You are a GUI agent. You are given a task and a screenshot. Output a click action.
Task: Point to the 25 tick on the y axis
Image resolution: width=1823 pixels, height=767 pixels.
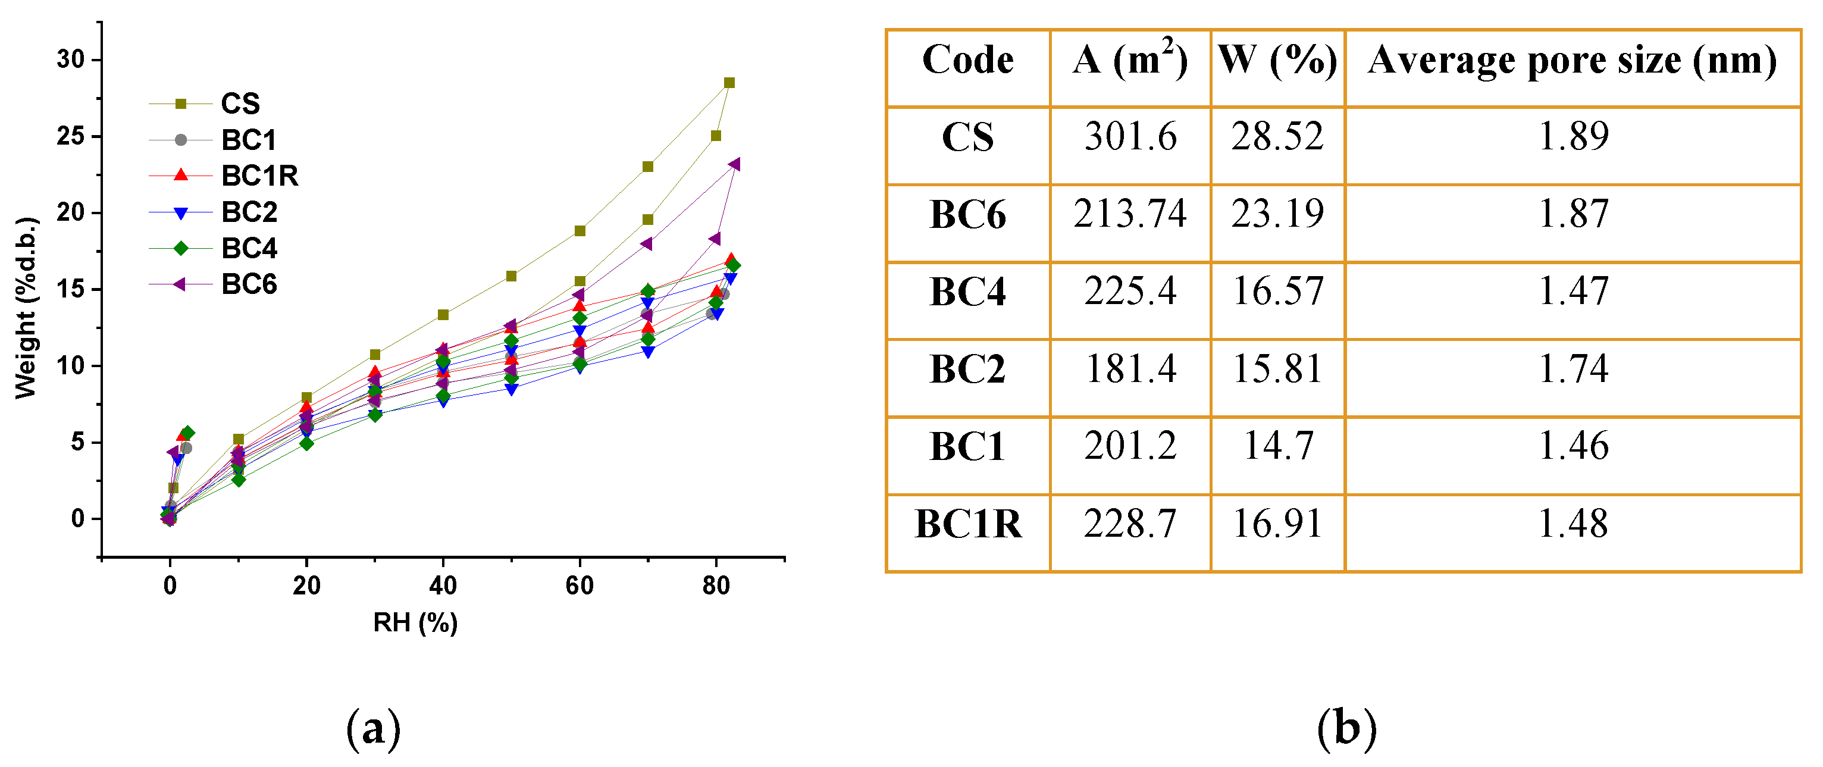tap(70, 136)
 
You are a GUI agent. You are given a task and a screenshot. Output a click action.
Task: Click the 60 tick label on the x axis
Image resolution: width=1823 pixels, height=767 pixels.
tap(579, 586)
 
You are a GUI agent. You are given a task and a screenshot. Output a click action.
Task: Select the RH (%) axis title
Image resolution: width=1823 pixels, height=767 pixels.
tap(415, 622)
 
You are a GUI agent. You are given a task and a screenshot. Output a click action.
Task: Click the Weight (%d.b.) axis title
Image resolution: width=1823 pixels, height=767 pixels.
tap(26, 308)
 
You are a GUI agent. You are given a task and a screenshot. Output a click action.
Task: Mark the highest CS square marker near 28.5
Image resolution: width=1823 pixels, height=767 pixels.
tap(729, 83)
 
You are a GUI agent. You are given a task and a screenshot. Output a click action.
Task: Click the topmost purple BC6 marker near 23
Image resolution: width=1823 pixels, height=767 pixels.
tap(734, 164)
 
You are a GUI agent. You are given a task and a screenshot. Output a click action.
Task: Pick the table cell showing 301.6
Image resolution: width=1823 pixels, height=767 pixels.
tap(1130, 136)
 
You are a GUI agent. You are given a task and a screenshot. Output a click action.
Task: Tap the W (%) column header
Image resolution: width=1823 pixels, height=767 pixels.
tap(1277, 60)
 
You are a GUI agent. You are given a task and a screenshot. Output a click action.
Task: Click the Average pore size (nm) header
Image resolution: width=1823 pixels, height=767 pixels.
tap(1573, 60)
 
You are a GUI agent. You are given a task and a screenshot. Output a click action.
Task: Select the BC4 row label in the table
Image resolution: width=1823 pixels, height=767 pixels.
tap(967, 292)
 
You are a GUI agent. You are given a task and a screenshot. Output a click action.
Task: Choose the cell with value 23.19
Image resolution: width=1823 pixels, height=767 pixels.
tap(1277, 214)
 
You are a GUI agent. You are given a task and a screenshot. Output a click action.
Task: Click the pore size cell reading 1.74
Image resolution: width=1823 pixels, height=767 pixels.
tap(1573, 369)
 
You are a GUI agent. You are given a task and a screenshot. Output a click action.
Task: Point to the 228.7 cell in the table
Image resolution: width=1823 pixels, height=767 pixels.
tap(1130, 524)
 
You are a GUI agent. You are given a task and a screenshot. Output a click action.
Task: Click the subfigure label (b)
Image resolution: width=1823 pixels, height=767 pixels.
tap(1347, 729)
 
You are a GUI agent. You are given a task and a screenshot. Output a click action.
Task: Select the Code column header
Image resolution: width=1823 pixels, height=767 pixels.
tap(967, 60)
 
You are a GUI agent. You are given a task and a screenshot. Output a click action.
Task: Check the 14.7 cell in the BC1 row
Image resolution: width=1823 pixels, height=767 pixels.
tap(1277, 446)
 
